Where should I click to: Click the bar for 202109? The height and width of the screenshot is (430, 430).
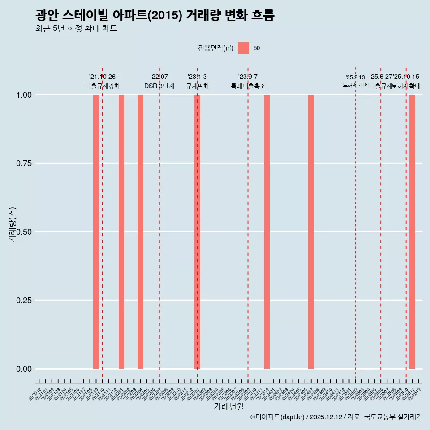coord(96,232)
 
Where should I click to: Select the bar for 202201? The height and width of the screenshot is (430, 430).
coord(121,232)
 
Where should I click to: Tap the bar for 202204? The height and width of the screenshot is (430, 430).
coord(140,232)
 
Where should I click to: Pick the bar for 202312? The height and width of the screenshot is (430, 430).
coord(267,232)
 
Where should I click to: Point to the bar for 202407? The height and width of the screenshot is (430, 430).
coord(311,232)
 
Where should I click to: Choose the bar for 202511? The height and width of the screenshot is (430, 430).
coord(412,232)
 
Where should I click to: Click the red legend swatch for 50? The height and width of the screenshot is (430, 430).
coord(244,48)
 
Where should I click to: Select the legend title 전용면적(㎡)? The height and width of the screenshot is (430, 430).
coord(215,48)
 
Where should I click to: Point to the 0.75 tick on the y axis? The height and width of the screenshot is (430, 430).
coord(24,163)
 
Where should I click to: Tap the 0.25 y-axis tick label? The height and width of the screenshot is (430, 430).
coord(24,301)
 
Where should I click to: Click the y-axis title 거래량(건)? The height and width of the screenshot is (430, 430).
coord(13,225)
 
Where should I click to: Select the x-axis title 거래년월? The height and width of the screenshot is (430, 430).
coord(228,407)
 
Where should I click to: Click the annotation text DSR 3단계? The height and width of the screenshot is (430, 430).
coord(159,86)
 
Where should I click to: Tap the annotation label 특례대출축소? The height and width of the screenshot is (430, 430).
coord(248,86)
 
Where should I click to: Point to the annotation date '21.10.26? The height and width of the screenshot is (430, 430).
coord(102,77)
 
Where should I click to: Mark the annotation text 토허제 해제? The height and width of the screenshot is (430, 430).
coord(355,85)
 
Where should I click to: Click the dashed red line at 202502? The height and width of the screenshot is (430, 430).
coord(355,224)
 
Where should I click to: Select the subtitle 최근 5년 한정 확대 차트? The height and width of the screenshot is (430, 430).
coord(76,29)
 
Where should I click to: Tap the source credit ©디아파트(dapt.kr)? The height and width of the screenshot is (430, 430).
coord(278,417)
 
